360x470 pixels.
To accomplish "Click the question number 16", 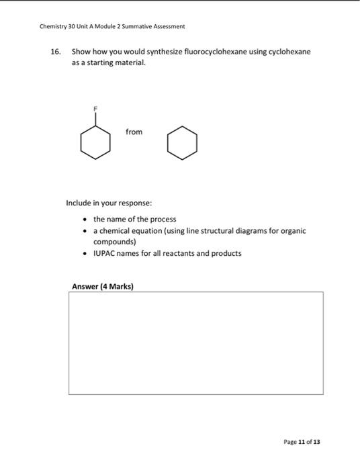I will click(57, 52).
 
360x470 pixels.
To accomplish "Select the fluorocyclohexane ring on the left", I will click(95, 143).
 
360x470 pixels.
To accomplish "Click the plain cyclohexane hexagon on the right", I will click(182, 144).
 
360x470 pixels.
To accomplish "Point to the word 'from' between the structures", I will click(134, 132).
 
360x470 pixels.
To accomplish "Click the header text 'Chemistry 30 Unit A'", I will click(71, 26).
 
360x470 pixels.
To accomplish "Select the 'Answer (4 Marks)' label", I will click(103, 287).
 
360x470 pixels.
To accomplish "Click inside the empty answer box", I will click(195, 343).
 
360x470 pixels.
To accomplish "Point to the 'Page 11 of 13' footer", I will click(302, 442).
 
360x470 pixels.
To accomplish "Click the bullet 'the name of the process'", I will click(134, 219).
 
